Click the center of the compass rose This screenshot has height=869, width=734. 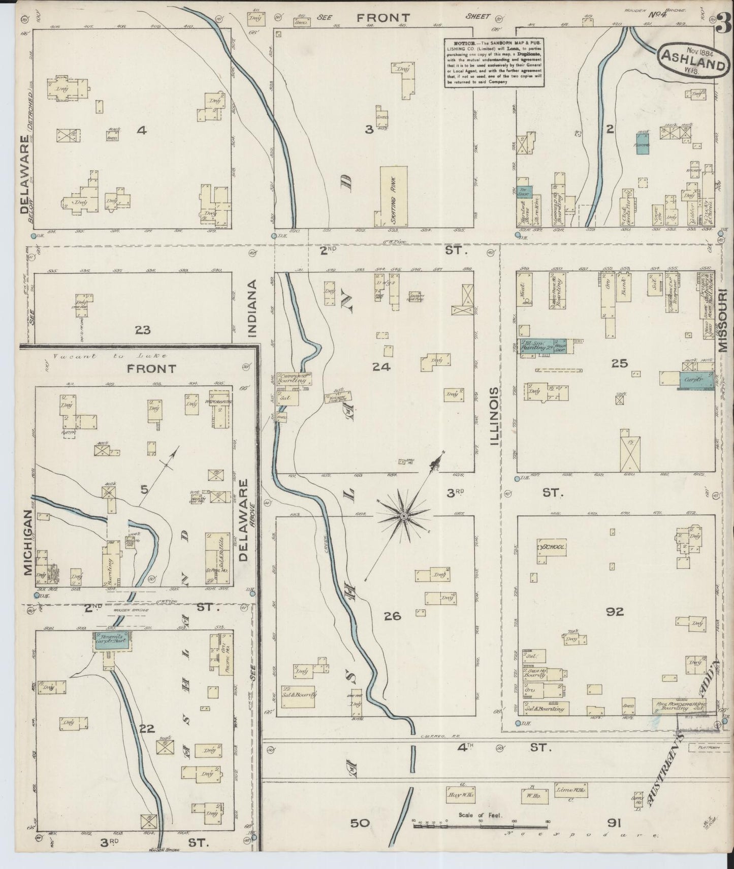[403, 516]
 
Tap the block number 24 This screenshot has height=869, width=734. [381, 367]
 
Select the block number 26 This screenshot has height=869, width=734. [392, 616]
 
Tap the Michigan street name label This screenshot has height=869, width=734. [27, 543]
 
